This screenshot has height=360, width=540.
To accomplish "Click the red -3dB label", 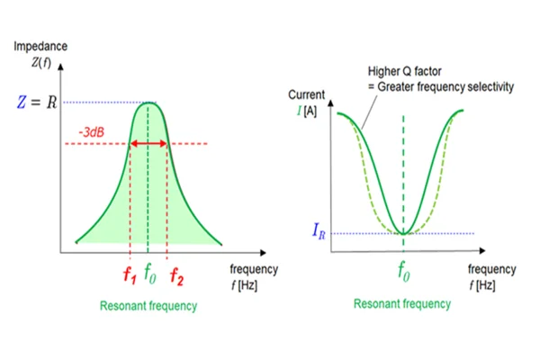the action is coord(91,132).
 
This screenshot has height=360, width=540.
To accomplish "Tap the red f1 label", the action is coord(130,274).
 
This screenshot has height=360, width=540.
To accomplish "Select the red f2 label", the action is coord(176,276).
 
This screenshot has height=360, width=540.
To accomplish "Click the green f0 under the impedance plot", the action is coord(150,274).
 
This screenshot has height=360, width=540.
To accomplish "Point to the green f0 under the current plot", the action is coord(404,271).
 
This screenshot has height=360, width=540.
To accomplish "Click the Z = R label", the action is coord(37,102).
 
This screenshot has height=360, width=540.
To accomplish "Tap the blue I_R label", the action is coord(319,230).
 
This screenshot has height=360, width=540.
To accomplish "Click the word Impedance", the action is coord(40,46).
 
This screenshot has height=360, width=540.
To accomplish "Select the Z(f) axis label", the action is coord(41,62).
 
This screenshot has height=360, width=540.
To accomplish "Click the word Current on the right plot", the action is coord(306,94).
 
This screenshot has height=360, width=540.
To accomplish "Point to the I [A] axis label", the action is coord(307,111).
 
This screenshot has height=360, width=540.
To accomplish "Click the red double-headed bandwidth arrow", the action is coord(148,144).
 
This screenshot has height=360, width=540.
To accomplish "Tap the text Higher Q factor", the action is coord(404,71).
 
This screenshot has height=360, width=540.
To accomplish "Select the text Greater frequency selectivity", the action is coord(445,86).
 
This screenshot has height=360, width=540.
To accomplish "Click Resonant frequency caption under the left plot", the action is coord(148,306).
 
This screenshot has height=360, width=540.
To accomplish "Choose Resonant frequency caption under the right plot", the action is coord(402,304).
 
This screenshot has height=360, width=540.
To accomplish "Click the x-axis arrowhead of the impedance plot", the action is coord(264,253).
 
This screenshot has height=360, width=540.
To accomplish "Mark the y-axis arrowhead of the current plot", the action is coord(330,103).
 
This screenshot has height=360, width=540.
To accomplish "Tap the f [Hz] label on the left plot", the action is coord(244,285).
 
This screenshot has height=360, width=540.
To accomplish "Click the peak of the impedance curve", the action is coord(148,103).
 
